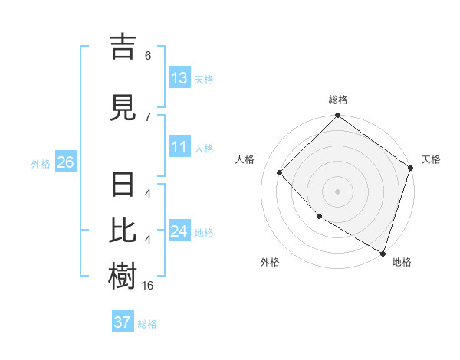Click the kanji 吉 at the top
click(123, 46)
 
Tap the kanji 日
click(123, 187)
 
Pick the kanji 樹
click(123, 275)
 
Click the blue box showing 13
click(179, 78)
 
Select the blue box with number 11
click(179, 148)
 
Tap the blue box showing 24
click(179, 231)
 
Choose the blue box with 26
click(65, 162)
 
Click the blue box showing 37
click(122, 322)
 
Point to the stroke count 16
click(148, 286)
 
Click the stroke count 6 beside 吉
click(148, 56)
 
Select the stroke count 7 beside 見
click(148, 116)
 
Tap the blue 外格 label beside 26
click(41, 163)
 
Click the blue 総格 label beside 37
click(147, 323)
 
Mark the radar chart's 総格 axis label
click(337, 100)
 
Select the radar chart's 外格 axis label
click(270, 262)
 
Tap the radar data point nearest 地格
click(383, 252)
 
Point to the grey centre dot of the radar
click(337, 191)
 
